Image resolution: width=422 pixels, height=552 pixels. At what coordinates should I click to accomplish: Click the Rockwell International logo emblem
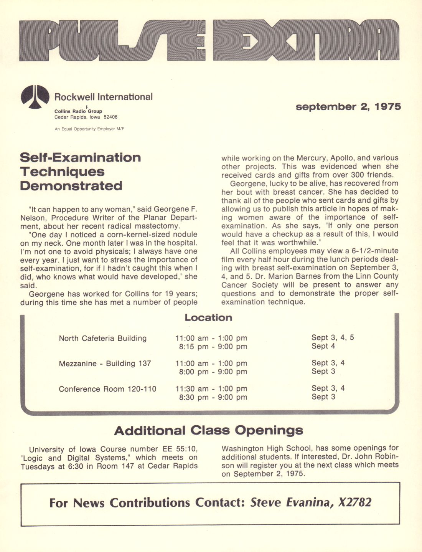point(35,96)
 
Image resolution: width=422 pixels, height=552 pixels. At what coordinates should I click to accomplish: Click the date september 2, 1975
point(348,107)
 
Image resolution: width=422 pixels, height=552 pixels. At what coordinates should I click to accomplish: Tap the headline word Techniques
point(62,172)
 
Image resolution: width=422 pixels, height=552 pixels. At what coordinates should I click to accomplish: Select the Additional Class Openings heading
point(208,430)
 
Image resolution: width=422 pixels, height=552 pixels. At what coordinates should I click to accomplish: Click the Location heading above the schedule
point(208,317)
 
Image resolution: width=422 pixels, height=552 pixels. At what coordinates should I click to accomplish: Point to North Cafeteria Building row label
point(102,338)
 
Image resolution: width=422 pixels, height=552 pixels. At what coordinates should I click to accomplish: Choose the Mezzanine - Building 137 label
point(105,364)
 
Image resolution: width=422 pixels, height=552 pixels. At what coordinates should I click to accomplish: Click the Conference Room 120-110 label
point(107,389)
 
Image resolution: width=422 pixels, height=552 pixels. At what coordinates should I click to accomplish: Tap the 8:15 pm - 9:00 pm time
point(213,347)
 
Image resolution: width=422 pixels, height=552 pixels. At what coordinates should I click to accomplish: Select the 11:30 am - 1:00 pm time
point(211,388)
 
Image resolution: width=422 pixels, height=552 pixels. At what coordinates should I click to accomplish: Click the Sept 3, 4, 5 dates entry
point(333,337)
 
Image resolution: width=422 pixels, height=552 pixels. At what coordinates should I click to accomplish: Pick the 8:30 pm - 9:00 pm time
point(213,397)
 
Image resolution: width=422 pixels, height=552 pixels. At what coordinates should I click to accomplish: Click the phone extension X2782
point(354,502)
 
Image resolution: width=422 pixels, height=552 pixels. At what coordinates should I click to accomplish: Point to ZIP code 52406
point(110,117)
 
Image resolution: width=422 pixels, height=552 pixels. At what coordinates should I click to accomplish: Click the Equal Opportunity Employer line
point(89,129)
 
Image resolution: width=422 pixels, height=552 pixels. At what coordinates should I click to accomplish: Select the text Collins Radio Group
point(78,111)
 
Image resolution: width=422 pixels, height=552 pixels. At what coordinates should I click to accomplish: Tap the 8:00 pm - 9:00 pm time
point(213,372)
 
